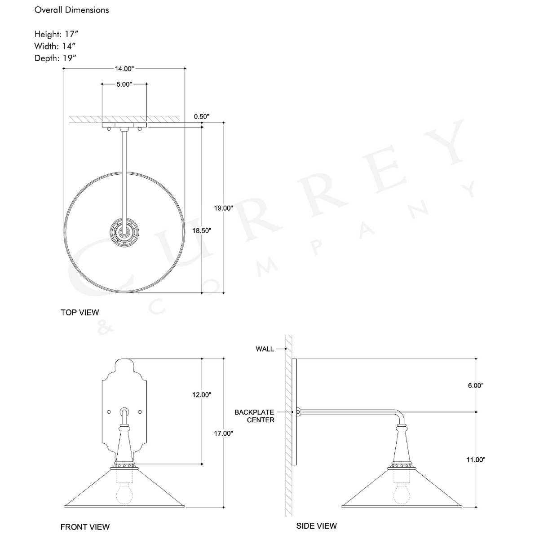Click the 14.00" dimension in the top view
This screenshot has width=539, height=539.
pos(124,69)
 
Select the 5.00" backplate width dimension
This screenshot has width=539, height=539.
pos(124,84)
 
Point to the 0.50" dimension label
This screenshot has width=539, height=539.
pos(202,117)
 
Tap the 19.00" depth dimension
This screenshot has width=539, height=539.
pos(223,208)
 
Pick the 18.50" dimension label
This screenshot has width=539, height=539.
pos(202,230)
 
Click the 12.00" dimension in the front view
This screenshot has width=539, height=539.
pos(202,395)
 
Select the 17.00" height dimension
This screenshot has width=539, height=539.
pos(223,433)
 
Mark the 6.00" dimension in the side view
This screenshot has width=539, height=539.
pos(475,385)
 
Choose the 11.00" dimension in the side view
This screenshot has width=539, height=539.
pos(476,459)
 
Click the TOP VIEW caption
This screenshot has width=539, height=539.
pos(80,312)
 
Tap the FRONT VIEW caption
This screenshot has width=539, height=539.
pos(85,526)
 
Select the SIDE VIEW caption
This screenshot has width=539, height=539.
pos(316,526)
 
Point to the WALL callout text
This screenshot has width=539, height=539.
pos(265,349)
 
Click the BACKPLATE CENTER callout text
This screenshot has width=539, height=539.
pos(254,416)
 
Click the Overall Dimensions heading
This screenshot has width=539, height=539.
pos(72,10)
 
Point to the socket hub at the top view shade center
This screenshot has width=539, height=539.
pos(124,232)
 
